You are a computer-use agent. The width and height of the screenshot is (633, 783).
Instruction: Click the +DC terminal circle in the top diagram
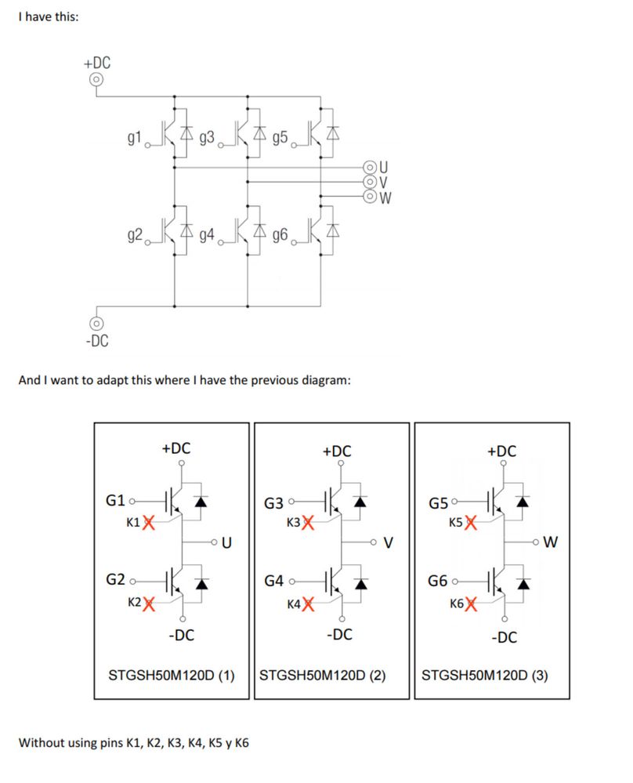[x=96, y=79]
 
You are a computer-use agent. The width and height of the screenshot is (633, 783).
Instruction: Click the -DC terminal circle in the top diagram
[x=96, y=323]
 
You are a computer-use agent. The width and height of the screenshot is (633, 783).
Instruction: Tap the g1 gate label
[x=134, y=138]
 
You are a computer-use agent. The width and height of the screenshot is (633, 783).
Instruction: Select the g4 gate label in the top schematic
[x=207, y=234]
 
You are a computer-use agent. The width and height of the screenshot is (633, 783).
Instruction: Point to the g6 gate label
[x=280, y=234]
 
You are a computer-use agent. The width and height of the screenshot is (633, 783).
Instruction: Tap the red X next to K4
[x=308, y=604]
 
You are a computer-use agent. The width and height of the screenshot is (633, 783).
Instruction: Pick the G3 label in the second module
[x=274, y=503]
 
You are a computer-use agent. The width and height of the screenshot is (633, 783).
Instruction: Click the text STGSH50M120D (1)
[x=171, y=674]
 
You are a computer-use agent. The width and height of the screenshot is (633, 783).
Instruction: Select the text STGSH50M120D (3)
[x=484, y=674]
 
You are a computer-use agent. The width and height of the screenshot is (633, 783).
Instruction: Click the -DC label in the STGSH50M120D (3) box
[x=503, y=637]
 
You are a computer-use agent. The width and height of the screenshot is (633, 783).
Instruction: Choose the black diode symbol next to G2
[x=201, y=583]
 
